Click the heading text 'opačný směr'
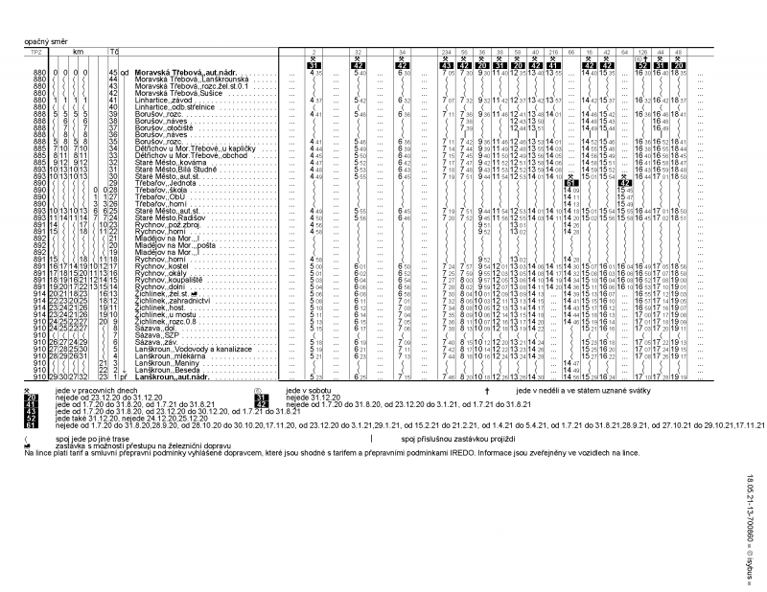tap(45, 43)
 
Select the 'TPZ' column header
tap(37, 50)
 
